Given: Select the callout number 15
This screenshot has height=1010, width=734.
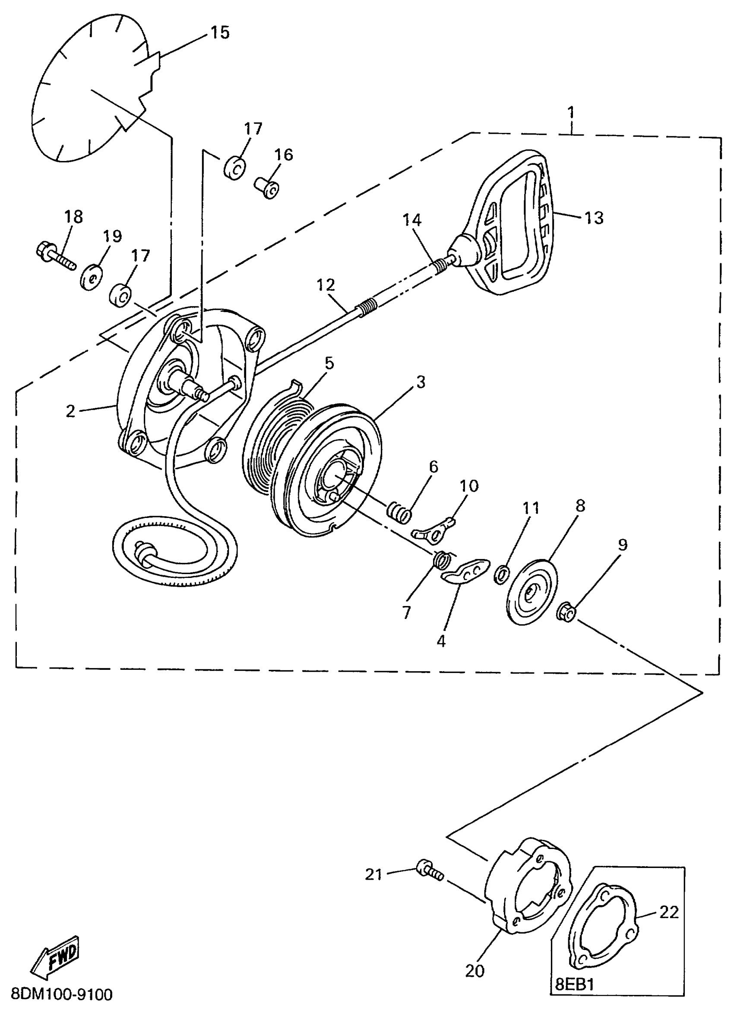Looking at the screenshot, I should coord(220,32).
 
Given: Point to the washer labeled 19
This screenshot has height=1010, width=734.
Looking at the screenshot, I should coord(90,278).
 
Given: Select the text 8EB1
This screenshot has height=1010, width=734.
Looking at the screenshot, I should coord(575,985).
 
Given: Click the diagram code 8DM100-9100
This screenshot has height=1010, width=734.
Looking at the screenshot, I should coord(61,994).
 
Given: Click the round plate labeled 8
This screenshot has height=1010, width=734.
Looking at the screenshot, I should coord(532,590).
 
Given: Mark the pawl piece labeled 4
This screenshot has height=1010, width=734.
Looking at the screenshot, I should coord(466,571).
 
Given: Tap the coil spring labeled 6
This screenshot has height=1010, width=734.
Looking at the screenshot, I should coord(399,512).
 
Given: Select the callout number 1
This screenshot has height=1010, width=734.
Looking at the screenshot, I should coord(571,112).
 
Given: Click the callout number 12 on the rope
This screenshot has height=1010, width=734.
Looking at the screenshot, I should coord(326,285).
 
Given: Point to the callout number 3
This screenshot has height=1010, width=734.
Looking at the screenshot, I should coord(421,382).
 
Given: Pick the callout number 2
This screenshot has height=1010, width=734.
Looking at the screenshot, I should coord(70,411).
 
